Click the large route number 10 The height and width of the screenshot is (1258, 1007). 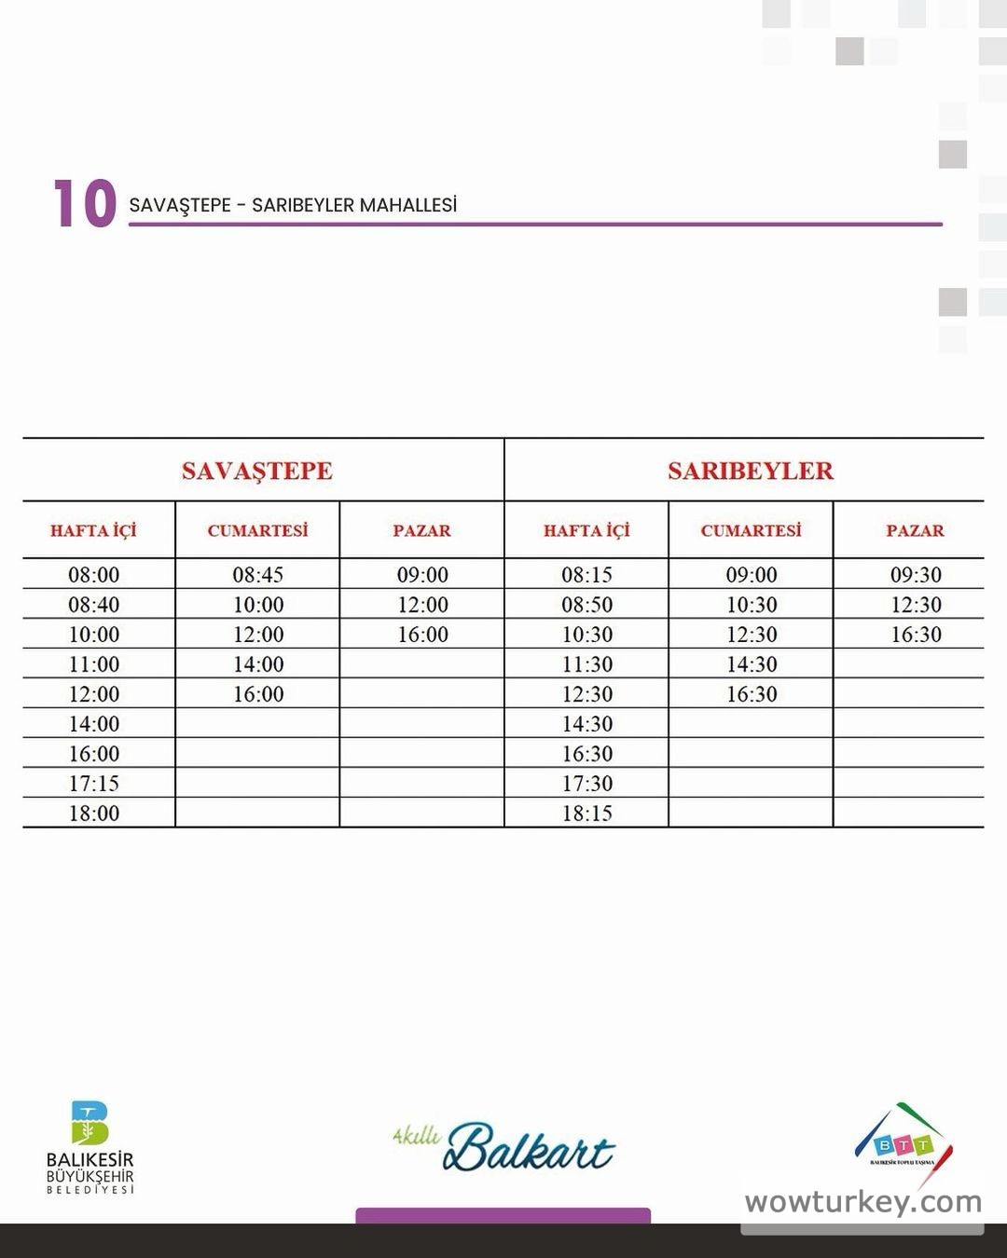85,204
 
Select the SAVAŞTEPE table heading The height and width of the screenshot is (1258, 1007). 257,471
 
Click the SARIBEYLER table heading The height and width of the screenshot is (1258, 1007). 751,471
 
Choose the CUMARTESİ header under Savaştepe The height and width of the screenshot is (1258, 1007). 257,530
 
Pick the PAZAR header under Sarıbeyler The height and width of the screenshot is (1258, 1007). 915,530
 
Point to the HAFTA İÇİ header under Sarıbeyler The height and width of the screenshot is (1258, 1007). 586,530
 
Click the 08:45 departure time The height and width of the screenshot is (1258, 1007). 258,575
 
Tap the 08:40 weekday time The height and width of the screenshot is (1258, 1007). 94,605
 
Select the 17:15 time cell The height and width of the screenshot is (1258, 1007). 94,784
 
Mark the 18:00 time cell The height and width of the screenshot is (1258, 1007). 94,814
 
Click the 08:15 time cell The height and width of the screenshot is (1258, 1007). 587,575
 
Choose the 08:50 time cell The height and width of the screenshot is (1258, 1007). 587,605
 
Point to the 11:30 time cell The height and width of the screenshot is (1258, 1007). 587,664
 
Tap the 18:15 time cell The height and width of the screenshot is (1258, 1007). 587,814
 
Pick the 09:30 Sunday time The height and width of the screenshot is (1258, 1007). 916,575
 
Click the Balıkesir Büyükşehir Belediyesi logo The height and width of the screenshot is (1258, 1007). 90,1146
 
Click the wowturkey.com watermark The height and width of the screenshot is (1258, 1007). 862,1202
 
